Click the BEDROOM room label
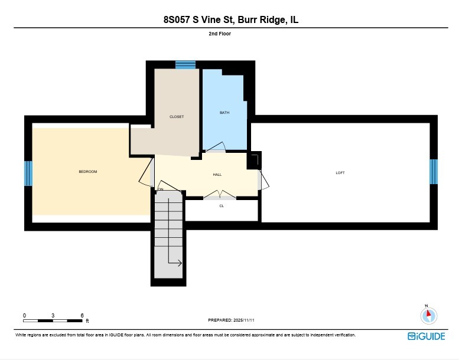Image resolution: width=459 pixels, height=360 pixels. (x=87, y=172)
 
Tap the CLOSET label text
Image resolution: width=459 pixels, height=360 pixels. (x=177, y=117)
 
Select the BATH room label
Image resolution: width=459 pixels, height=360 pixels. (x=224, y=113)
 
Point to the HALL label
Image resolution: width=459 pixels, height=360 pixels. (x=217, y=175)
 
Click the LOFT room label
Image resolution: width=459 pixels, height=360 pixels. (x=340, y=173)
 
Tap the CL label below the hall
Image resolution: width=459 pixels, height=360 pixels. (x=222, y=206)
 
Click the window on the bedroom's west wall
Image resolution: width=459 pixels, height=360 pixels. (x=28, y=174)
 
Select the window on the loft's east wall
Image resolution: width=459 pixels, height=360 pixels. (x=433, y=172)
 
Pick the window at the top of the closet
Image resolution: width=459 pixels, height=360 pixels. (x=185, y=64)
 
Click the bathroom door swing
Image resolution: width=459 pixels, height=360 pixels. (x=216, y=148)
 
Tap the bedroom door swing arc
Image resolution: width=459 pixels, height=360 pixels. (x=145, y=175)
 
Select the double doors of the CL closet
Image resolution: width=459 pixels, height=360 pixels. (x=220, y=195)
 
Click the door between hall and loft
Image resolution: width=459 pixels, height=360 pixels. (x=263, y=179)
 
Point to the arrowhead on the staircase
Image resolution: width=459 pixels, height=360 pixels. (x=180, y=263)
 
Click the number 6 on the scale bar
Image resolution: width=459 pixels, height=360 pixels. (x=82, y=315)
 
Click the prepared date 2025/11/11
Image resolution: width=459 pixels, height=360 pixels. (x=243, y=320)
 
